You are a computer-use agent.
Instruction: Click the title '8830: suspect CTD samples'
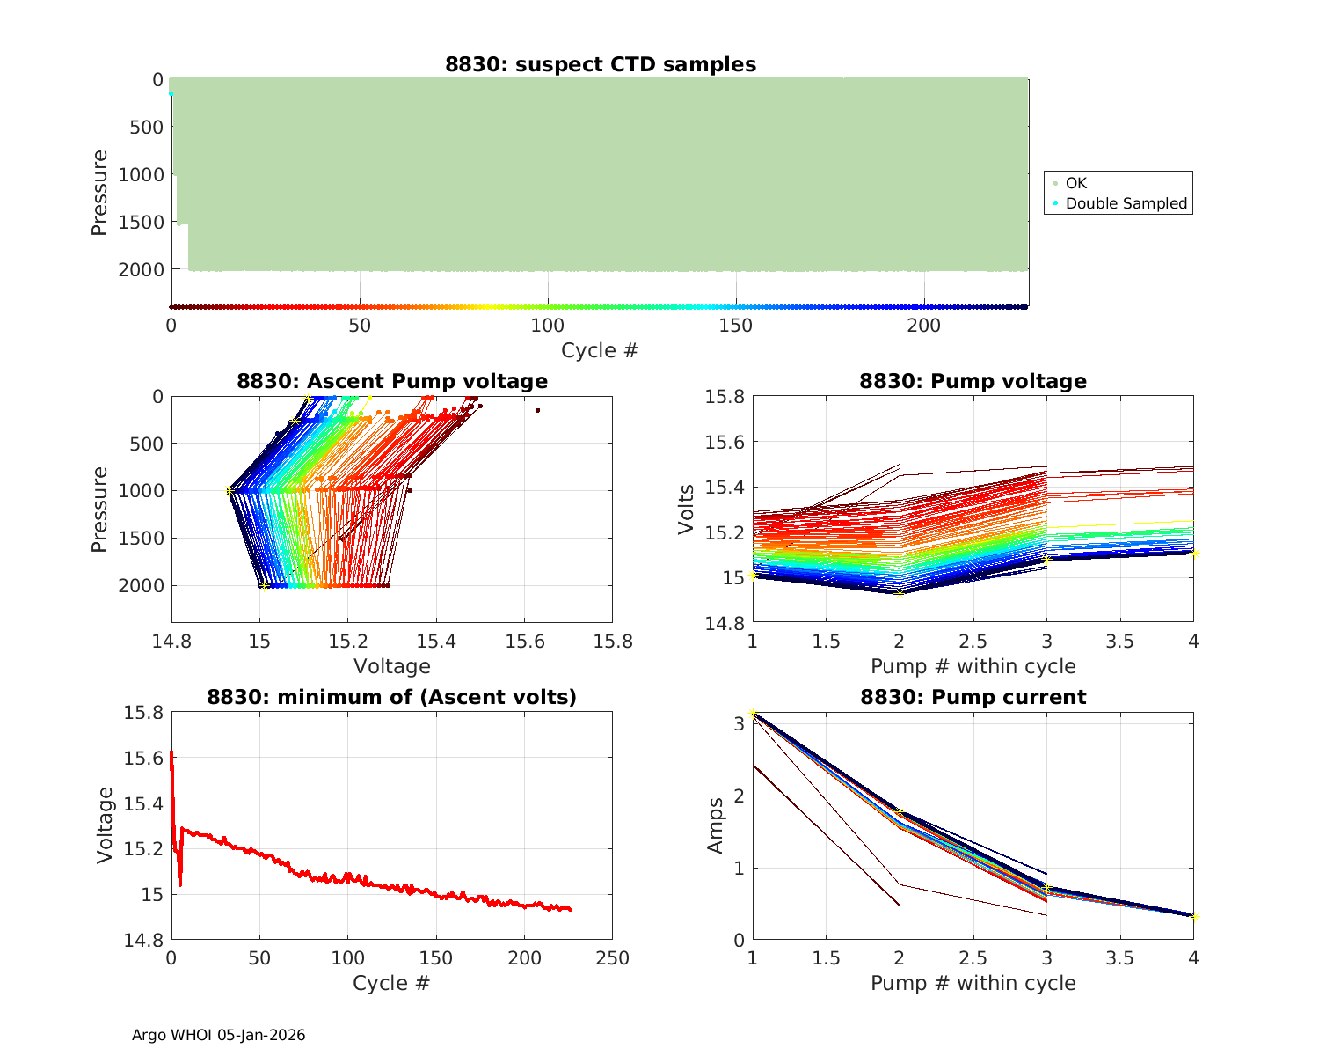click(x=600, y=64)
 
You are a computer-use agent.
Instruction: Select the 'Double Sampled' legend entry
click(x=1126, y=203)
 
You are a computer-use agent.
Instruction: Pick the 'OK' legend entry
click(x=1075, y=183)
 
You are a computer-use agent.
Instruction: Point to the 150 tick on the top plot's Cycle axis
click(x=736, y=326)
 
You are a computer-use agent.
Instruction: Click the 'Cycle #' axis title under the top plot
click(x=600, y=350)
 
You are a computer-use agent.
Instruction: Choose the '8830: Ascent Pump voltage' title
click(x=392, y=381)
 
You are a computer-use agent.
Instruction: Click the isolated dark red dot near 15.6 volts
click(x=537, y=410)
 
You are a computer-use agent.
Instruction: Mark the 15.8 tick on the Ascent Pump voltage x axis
click(x=612, y=641)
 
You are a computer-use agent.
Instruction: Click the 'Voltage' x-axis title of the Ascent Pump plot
click(x=392, y=666)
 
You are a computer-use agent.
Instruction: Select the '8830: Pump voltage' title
click(x=973, y=381)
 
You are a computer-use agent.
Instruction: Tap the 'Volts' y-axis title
click(x=687, y=510)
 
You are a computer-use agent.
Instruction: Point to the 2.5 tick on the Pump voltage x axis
click(x=973, y=641)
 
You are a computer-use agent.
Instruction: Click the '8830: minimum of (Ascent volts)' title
click(x=392, y=697)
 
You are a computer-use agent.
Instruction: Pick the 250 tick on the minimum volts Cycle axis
click(x=612, y=957)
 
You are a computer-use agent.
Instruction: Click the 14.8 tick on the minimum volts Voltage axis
click(x=142, y=940)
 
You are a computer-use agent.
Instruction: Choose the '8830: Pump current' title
click(x=973, y=697)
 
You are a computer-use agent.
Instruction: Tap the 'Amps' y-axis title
click(x=716, y=825)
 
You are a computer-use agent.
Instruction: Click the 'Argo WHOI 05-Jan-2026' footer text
click(x=219, y=1035)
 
